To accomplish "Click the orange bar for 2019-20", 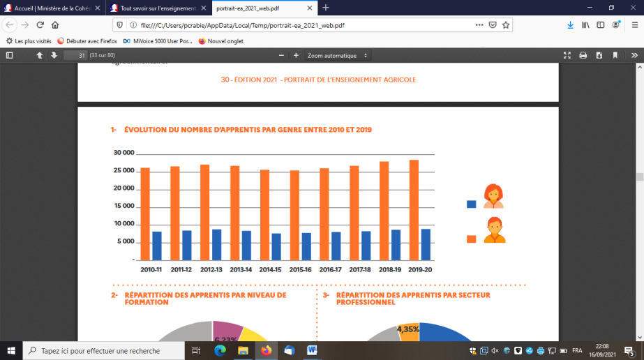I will (x=414, y=209).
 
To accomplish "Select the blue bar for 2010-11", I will (x=157, y=246).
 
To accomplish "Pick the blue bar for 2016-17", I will (x=336, y=246).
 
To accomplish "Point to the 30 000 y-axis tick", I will (x=123, y=153).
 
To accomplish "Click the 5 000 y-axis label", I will (x=124, y=241).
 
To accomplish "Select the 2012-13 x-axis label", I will (x=211, y=269).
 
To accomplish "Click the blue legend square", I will (x=471, y=204).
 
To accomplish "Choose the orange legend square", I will (x=471, y=239).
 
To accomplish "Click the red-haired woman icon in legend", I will (x=493, y=196).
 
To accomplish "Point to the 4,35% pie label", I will (x=408, y=329).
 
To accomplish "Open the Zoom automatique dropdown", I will (x=338, y=55).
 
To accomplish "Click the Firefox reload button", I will (x=40, y=24).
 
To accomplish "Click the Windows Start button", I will (x=11, y=350).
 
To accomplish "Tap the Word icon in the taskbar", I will (x=312, y=350).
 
